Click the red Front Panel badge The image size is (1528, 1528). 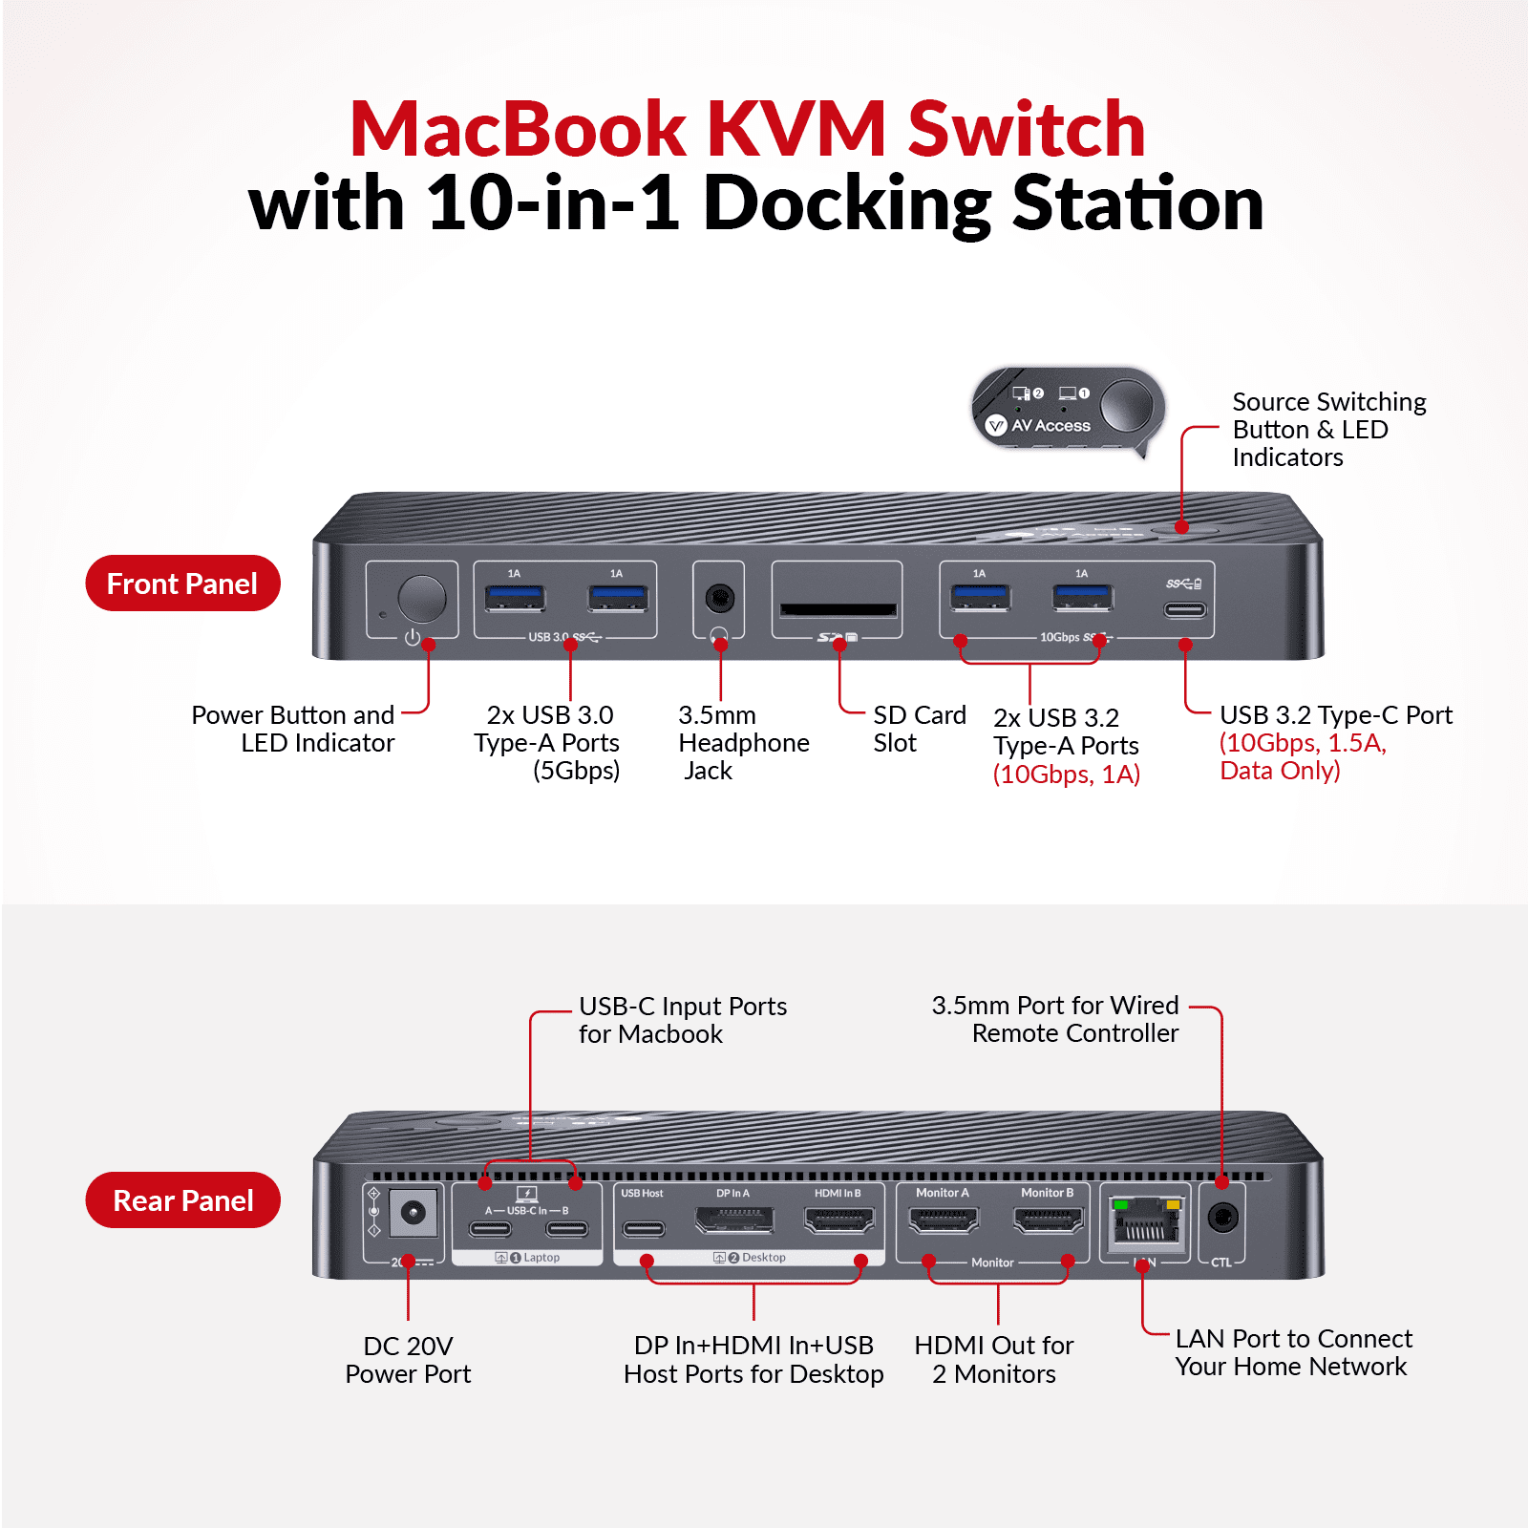(182, 584)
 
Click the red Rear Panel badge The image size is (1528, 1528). (182, 1200)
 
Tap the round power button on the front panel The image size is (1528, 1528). (421, 599)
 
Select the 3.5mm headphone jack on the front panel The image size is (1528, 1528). (719, 599)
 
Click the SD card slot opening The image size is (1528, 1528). (838, 609)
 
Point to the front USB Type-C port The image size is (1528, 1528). (1184, 609)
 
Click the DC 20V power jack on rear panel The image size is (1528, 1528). (413, 1213)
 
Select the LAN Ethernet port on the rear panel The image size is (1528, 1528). (1145, 1223)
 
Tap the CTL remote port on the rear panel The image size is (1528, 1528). (1222, 1217)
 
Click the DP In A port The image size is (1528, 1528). (733, 1220)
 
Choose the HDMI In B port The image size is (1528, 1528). (839, 1220)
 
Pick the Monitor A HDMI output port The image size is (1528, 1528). (944, 1220)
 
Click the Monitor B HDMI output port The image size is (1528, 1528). (1048, 1220)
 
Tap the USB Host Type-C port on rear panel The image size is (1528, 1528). (644, 1228)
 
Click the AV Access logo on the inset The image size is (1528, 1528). (1039, 425)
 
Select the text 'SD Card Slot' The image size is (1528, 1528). (919, 729)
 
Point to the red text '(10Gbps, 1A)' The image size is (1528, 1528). (1067, 774)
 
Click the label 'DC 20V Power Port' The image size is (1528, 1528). (408, 1360)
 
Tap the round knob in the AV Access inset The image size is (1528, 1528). (1127, 405)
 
